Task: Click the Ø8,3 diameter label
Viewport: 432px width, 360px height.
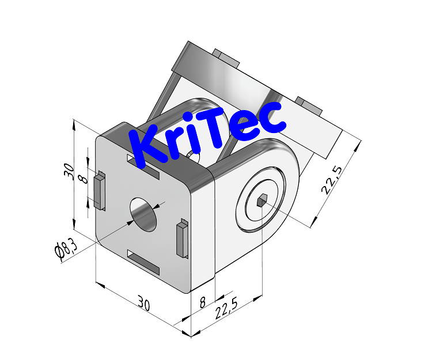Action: pyautogui.click(x=64, y=251)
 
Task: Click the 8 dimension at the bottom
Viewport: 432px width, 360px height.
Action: pyautogui.click(x=202, y=301)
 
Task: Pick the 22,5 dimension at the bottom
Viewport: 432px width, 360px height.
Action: pyautogui.click(x=227, y=311)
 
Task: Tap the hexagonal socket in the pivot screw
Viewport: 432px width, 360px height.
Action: pyautogui.click(x=261, y=200)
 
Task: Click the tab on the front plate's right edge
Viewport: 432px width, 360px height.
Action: pyautogui.click(x=181, y=238)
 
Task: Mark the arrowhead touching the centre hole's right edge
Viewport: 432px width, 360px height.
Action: pyautogui.click(x=159, y=204)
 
